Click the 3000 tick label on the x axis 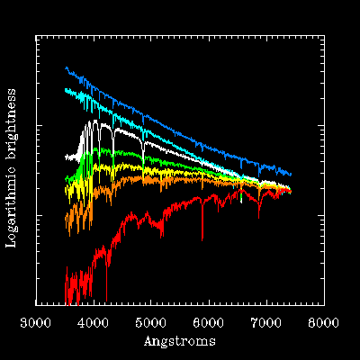tap(35, 323)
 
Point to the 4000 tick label tap(94, 323)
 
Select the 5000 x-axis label tap(151, 323)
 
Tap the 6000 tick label tap(209, 323)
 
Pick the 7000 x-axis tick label tap(266, 323)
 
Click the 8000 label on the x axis tap(324, 323)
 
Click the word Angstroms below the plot tap(180, 341)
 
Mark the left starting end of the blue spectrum tap(66, 68)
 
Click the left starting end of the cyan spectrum tap(66, 90)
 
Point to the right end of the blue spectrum tap(291, 175)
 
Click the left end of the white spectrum tap(66, 157)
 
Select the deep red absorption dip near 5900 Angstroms tap(202, 237)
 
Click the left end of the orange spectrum tap(66, 220)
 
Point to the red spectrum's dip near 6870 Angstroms tap(258, 215)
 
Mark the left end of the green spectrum tap(66, 179)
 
